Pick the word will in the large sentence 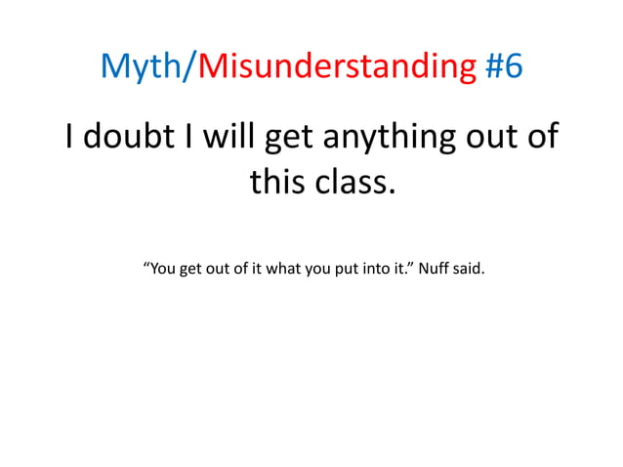[225, 136]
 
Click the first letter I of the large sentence [70, 136]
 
